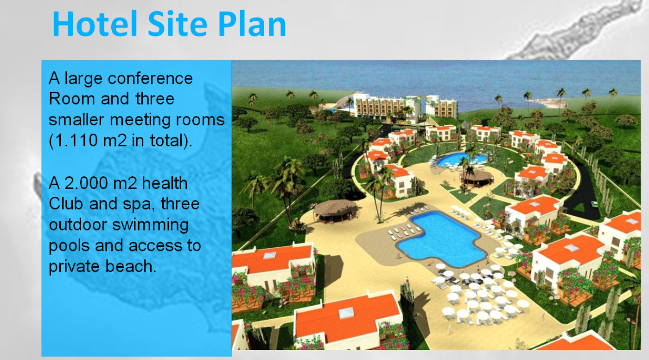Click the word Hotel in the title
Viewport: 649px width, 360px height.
click(x=95, y=24)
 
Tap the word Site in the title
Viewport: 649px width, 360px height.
click(x=178, y=24)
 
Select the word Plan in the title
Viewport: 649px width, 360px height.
click(x=252, y=24)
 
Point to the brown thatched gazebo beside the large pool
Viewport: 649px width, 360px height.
click(x=335, y=209)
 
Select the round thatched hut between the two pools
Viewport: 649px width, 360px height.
click(x=477, y=177)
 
